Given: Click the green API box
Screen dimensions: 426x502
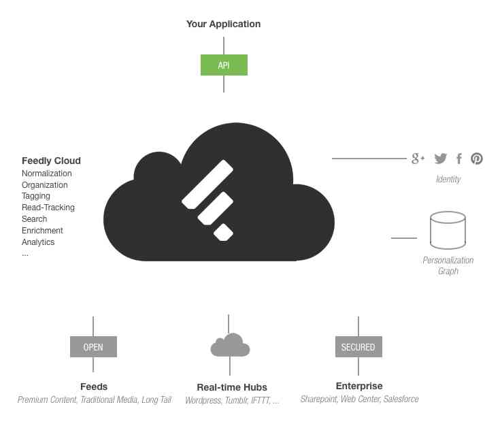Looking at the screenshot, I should coord(224,65).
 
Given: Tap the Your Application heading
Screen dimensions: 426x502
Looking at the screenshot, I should coord(223,24).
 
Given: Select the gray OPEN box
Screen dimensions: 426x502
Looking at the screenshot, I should coord(93,347).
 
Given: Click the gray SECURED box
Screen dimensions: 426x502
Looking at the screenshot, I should coord(358,347).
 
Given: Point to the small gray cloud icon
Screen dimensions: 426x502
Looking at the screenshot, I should coord(230,345).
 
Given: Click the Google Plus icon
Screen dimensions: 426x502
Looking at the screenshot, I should coord(418,159).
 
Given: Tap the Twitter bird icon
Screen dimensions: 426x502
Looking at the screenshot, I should coord(441,159).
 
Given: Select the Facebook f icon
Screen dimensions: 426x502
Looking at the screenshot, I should coord(459,159).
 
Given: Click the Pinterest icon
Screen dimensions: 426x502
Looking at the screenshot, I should coord(477,159).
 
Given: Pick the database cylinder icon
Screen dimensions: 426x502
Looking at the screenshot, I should coord(448,230).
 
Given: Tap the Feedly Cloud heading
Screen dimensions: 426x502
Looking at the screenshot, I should coord(51,161).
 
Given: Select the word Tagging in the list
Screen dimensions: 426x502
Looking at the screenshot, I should coord(36,196).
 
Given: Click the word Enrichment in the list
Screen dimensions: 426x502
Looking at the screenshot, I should coord(41,231).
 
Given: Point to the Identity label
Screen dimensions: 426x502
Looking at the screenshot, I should coord(448,179).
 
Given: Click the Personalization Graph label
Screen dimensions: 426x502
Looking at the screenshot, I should coord(448,265).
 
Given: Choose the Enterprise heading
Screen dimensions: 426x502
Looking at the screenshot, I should coord(359,386).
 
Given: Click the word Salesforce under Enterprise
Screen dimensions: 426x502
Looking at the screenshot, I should coord(401,399).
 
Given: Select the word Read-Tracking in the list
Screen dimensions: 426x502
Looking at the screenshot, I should coord(48,208).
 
